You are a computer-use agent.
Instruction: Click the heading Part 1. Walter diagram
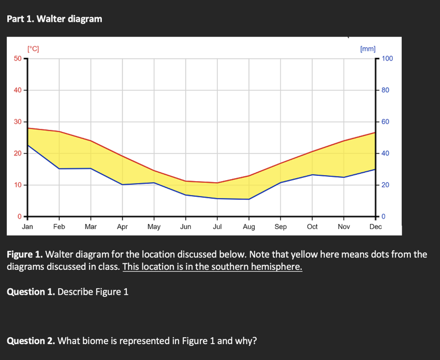pos(55,18)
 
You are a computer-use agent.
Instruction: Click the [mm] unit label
pos(368,49)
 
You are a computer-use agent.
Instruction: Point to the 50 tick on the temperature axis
pos(18,58)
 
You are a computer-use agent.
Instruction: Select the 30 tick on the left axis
pos(18,122)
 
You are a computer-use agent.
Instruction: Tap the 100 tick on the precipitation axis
pos(387,58)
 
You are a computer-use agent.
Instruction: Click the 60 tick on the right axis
pos(385,122)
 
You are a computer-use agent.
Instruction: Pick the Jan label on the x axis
pos(27,226)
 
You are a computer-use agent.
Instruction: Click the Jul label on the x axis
pos(217,226)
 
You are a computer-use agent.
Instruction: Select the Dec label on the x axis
pos(375,226)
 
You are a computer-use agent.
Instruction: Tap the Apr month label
pos(122,226)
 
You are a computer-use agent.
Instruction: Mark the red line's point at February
pos(59,131)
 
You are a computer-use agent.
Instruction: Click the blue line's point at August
pos(249,199)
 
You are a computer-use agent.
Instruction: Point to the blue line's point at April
pos(122,184)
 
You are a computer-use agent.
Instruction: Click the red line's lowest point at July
pos(217,183)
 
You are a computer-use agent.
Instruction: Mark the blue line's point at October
pos(312,175)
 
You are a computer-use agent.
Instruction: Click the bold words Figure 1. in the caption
pos(24,254)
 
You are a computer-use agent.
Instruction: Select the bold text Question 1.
pos(31,292)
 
